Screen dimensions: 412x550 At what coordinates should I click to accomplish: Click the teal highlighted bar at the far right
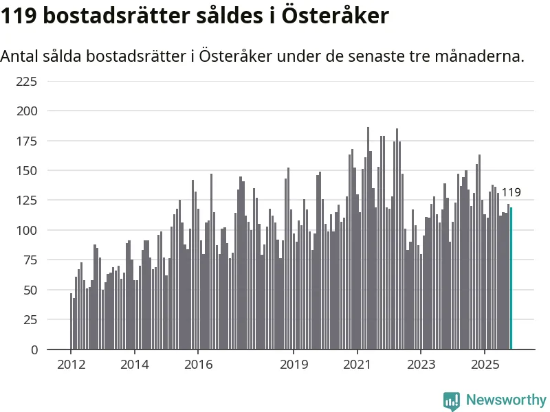511,278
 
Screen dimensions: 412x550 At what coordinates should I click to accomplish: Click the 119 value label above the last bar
511,193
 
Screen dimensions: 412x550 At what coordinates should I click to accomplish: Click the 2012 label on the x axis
71,364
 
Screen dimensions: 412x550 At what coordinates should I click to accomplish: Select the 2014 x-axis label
134,364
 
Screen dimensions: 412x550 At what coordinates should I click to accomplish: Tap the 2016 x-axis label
198,364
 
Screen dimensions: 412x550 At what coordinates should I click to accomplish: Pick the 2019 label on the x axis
294,364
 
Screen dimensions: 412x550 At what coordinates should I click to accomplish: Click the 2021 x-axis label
357,364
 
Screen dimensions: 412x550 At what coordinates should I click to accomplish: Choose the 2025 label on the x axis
485,364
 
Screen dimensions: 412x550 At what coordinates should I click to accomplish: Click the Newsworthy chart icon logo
452,400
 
